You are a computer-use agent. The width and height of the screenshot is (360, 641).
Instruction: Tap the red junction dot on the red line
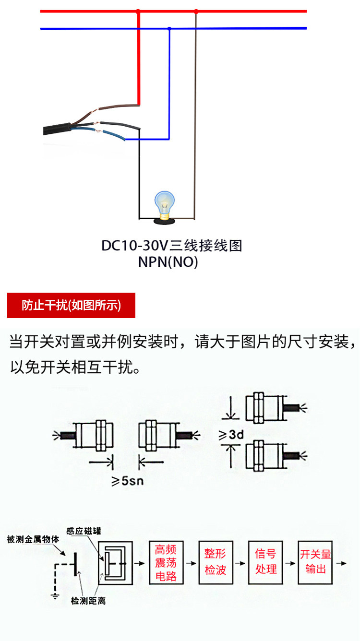[138, 11]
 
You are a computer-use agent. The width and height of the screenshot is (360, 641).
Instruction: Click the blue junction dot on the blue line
[169, 29]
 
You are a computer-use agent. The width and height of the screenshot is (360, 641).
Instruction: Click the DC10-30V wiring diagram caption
[171, 246]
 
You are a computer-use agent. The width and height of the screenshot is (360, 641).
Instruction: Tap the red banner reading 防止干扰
[71, 305]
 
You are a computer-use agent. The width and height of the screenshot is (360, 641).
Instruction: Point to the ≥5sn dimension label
[127, 481]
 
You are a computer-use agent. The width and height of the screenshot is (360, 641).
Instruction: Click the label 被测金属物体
[33, 539]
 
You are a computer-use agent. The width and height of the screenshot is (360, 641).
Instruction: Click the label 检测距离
[88, 600]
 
